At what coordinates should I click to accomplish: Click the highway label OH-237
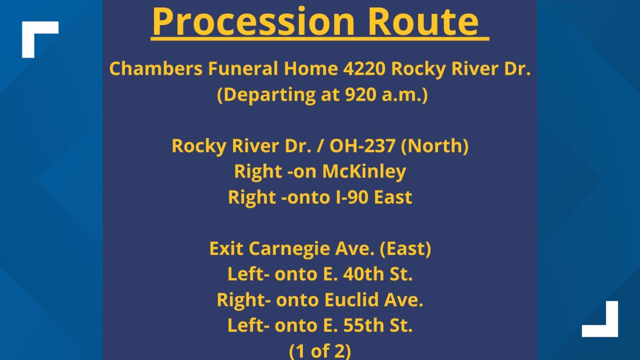click(x=362, y=146)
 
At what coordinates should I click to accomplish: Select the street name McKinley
click(x=364, y=172)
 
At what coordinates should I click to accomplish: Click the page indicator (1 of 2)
click(x=320, y=351)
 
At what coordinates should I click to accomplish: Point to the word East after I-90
click(x=393, y=197)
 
